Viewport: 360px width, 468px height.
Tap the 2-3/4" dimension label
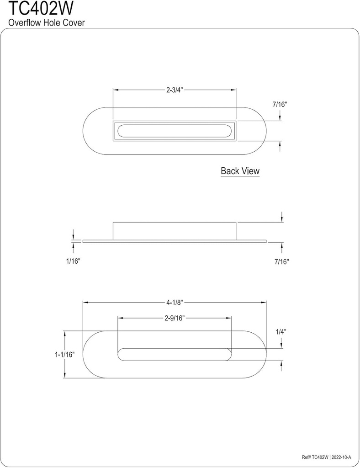click(x=175, y=90)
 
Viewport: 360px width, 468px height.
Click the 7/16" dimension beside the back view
click(x=280, y=104)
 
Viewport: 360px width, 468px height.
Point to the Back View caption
click(x=240, y=171)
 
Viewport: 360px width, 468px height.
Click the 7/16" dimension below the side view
click(x=282, y=261)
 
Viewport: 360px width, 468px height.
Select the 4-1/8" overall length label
click(x=175, y=302)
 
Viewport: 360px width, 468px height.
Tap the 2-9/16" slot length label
click(x=175, y=319)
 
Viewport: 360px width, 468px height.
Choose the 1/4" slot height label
click(x=281, y=332)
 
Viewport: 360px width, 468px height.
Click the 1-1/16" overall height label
click(x=65, y=354)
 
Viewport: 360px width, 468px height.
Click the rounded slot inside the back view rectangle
click(x=175, y=131)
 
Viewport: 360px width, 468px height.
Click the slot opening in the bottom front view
click(x=175, y=354)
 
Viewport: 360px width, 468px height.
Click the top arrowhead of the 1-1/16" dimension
click(x=65, y=333)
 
